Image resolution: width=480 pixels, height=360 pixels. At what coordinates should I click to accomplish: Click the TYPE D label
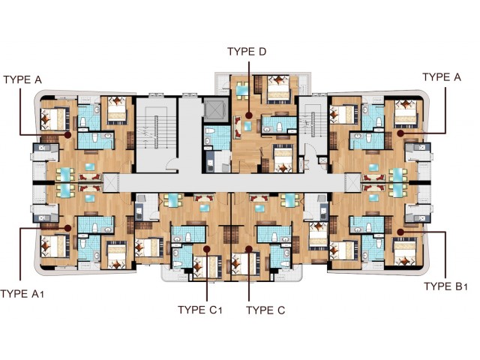click(x=247, y=52)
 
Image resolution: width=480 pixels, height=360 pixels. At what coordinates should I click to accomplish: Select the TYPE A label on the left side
click(x=22, y=79)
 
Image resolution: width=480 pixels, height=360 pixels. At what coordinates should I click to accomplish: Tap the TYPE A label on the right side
click(x=442, y=77)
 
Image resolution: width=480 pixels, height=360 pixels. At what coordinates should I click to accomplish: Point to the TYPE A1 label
click(x=22, y=294)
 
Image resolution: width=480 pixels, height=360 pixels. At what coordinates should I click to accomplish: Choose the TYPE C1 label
click(x=200, y=310)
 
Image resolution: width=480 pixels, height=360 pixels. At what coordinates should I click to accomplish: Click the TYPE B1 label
click(x=445, y=286)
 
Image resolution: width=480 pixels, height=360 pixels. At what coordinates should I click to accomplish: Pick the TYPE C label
click(x=265, y=310)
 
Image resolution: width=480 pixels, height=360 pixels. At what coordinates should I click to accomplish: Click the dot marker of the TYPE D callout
click(x=249, y=115)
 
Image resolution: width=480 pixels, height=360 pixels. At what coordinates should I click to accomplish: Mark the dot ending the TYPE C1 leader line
click(x=207, y=249)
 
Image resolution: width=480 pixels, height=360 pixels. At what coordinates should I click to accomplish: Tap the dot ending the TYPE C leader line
click(x=249, y=249)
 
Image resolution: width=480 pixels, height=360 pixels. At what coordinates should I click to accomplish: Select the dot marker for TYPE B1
click(x=400, y=232)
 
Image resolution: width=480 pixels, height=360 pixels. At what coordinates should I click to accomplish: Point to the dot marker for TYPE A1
click(x=68, y=228)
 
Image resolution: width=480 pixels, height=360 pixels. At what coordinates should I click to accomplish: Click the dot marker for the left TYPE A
click(x=68, y=135)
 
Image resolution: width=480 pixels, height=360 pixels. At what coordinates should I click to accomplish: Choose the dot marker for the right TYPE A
click(x=400, y=133)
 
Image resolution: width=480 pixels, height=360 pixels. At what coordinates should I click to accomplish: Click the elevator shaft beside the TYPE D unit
click(x=215, y=109)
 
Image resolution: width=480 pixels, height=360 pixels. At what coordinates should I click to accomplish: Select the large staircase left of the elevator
click(x=157, y=134)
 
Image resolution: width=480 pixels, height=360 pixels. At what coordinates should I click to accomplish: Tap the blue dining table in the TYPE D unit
click(x=241, y=90)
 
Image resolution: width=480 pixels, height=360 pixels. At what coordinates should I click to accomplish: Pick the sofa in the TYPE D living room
click(x=238, y=127)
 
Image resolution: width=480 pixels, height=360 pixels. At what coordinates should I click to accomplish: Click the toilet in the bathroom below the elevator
click(x=211, y=131)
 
